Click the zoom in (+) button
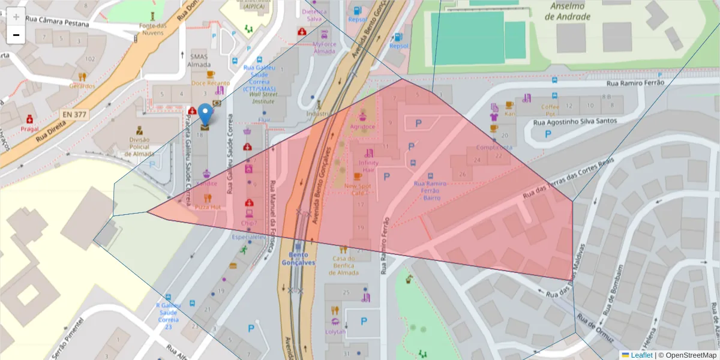pos(16,17)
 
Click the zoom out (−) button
pos(16,35)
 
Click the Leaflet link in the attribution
pos(641,355)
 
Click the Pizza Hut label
pos(208,206)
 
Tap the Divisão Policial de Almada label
pos(139,147)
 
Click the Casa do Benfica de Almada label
pos(345,266)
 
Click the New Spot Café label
pos(358,189)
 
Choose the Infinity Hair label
pos(368,166)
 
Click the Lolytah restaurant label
pos(335,331)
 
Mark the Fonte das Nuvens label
pos(152,29)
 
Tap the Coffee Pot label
pos(550,110)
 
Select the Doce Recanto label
pos(211,83)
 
